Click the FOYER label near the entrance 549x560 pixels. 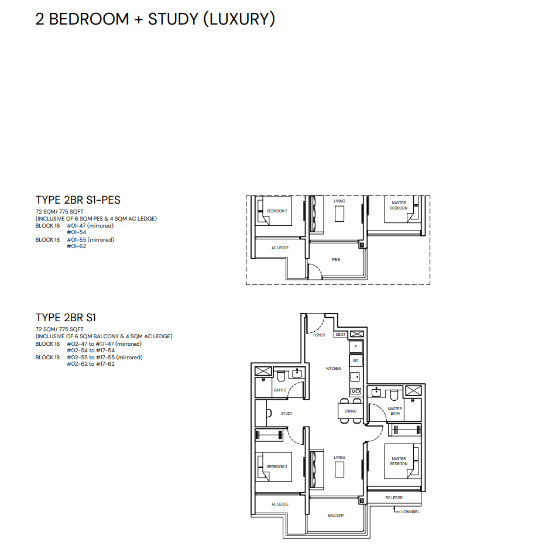click(x=319, y=335)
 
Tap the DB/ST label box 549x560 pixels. click(x=341, y=335)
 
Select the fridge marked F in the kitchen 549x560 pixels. click(x=356, y=347)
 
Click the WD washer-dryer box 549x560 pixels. click(x=356, y=360)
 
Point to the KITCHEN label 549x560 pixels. click(x=334, y=368)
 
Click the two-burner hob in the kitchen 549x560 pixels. click(x=356, y=391)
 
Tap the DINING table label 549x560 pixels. click(x=351, y=411)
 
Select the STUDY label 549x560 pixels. click(x=286, y=413)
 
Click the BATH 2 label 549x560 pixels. click(x=280, y=390)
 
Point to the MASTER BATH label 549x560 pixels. click(x=395, y=411)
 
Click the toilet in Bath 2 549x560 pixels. click(x=281, y=376)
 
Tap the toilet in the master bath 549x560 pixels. click(x=394, y=395)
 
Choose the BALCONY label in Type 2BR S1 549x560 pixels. click(x=336, y=516)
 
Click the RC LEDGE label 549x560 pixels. click(x=394, y=497)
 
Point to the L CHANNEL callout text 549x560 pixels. click(x=410, y=512)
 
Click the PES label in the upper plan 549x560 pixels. click(x=336, y=260)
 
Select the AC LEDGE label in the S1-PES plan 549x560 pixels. click(x=280, y=248)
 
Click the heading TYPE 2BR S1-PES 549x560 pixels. click(x=78, y=200)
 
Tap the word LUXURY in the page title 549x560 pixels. click(x=239, y=19)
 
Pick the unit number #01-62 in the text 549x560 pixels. click(x=77, y=246)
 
